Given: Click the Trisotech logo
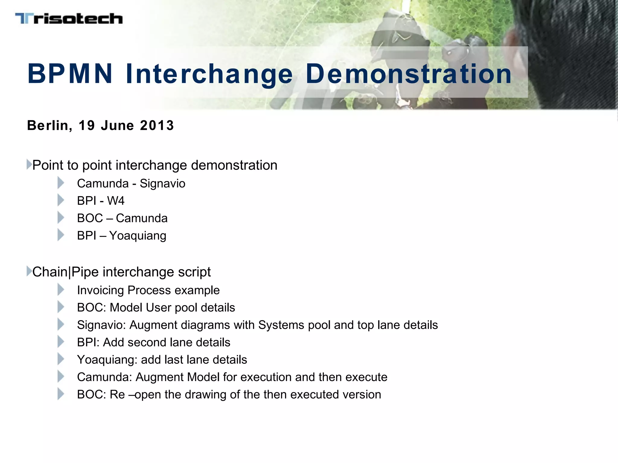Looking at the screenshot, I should (69, 19).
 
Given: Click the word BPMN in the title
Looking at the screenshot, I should (70, 74).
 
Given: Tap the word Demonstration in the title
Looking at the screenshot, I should (409, 74).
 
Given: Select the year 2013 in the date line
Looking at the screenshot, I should (157, 125).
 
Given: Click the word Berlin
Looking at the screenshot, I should (49, 125).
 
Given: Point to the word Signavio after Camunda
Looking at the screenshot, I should (162, 184).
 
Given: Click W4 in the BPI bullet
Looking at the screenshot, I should (116, 201).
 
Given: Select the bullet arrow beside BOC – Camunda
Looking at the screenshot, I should (61, 218).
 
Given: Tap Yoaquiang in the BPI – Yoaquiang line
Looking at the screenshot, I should (138, 236).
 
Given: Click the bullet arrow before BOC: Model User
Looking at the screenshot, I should (61, 307).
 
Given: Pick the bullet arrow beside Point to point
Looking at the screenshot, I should (29, 165).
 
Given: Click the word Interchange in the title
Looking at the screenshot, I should (209, 74).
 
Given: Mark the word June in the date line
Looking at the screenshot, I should (117, 125).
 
